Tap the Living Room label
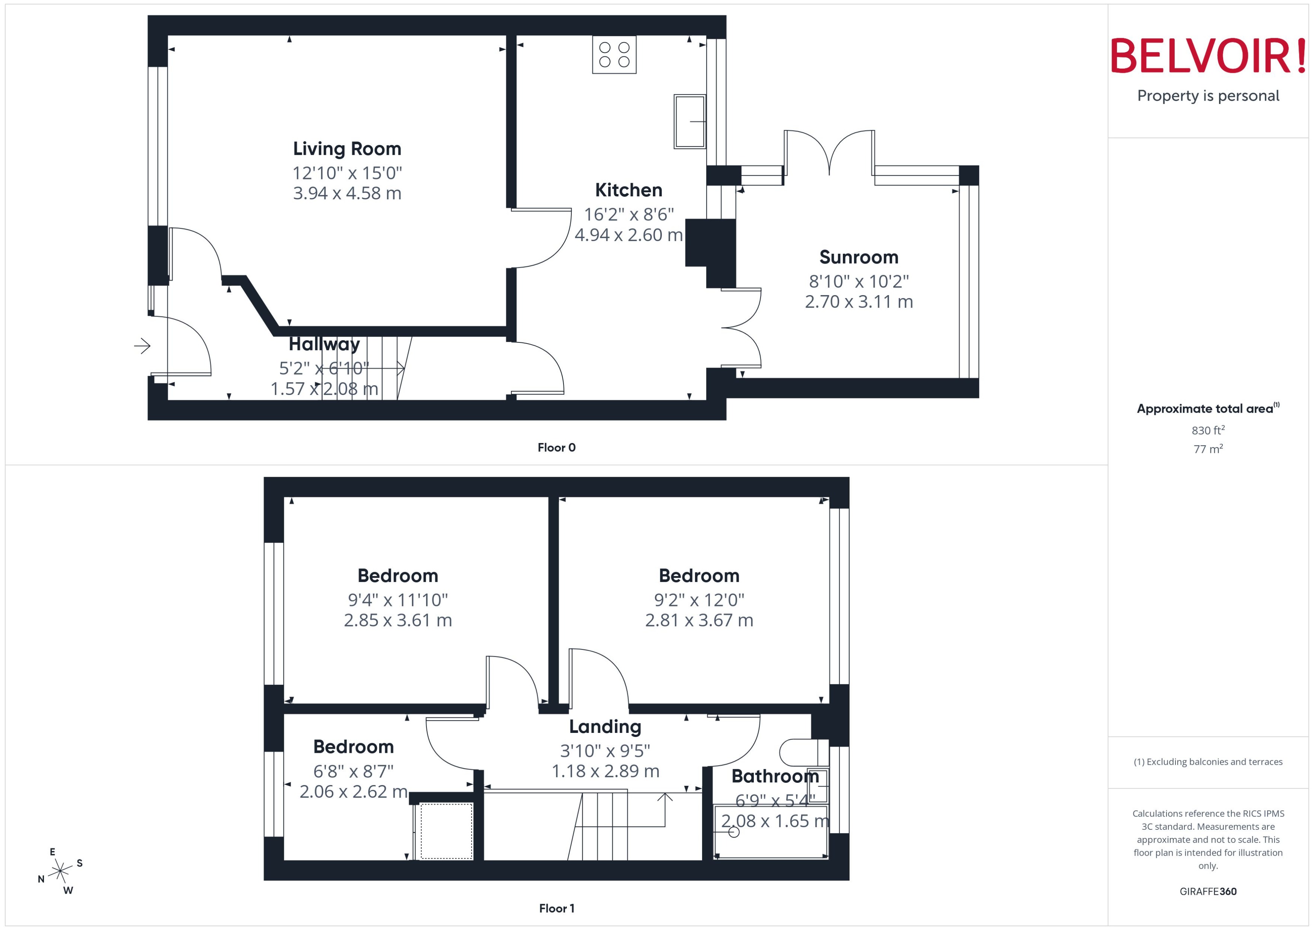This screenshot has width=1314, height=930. click(x=347, y=149)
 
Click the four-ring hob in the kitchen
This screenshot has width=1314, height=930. click(x=614, y=54)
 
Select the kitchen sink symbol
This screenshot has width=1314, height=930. click(x=689, y=121)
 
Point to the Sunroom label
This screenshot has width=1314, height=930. click(x=858, y=257)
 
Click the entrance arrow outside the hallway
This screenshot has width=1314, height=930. click(x=142, y=346)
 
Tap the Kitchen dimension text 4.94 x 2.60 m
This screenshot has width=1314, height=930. click(x=628, y=235)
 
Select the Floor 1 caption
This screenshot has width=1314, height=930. click(x=556, y=908)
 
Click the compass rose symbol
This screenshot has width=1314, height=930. click(x=60, y=871)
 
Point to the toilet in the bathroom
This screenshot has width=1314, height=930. click(x=803, y=752)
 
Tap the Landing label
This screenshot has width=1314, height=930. click(x=604, y=727)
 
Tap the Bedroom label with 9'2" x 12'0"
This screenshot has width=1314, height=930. click(x=699, y=576)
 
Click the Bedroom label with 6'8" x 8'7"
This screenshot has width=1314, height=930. click(x=353, y=747)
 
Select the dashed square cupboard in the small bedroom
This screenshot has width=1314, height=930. click(x=446, y=831)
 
